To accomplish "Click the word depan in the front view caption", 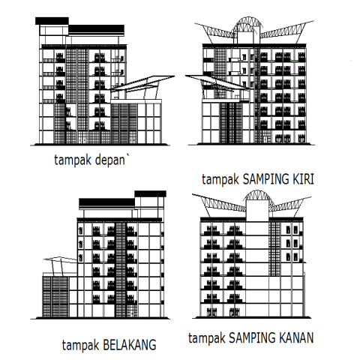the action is tap(109, 160).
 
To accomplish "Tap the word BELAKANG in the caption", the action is tap(130, 345).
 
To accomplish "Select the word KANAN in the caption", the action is tap(296, 337).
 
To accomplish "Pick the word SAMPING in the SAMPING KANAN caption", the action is tap(252, 337).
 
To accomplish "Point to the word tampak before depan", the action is tap(73, 160).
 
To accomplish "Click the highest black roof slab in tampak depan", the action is tap(52, 21).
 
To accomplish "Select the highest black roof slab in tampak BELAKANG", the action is tap(150, 193).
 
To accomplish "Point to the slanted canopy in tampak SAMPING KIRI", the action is tap(217, 82).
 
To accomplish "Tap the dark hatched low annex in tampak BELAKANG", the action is tap(55, 296).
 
